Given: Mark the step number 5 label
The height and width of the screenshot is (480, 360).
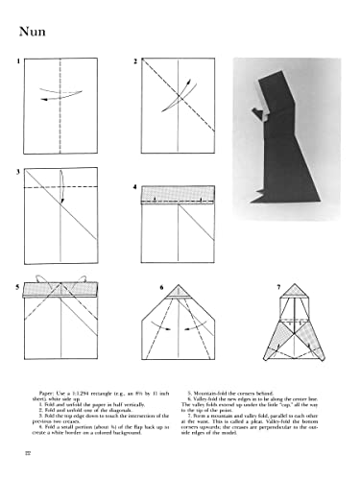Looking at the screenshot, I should (x=17, y=285).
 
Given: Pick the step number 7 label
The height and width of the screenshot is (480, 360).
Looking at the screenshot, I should (x=277, y=285).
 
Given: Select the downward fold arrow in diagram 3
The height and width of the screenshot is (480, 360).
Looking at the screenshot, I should (x=60, y=187).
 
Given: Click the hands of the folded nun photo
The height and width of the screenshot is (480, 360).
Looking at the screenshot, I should (x=255, y=116).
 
